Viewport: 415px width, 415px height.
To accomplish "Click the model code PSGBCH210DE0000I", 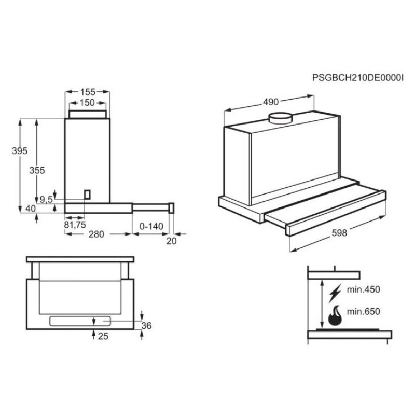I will coord(357,78).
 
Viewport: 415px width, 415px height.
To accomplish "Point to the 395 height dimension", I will coord(19,151).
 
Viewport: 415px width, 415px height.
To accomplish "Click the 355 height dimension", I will coord(37,170).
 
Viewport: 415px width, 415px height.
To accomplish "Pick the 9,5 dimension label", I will coord(47,199).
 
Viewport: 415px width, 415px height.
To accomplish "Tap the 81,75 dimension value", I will coord(75,224).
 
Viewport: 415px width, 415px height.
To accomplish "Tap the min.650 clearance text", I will coord(364,312).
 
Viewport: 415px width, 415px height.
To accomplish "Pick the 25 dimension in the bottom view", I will coord(103,337).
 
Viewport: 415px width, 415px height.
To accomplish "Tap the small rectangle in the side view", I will coord(88,194).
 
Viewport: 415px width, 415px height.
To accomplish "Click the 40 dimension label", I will coord(31,209).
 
